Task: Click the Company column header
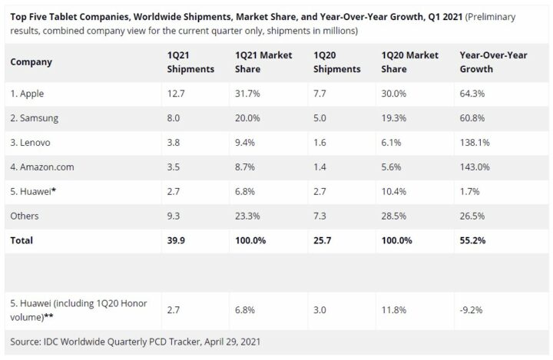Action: (x=31, y=62)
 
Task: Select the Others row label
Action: (x=25, y=216)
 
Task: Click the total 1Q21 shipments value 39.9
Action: (x=175, y=240)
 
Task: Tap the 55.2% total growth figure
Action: (x=471, y=240)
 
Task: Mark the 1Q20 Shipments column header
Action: (x=337, y=62)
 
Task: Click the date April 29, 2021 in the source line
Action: (x=236, y=340)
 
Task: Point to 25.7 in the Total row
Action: (x=323, y=240)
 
